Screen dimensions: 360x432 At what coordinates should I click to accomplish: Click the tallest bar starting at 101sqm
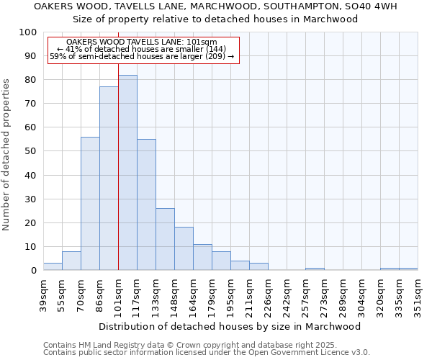tap(127, 173)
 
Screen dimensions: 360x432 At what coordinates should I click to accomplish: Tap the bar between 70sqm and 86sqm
tap(90, 204)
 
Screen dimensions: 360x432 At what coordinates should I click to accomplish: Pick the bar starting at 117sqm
tap(146, 204)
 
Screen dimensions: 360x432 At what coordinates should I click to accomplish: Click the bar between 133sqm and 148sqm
tap(165, 239)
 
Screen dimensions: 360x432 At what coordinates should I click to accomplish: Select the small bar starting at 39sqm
tap(53, 267)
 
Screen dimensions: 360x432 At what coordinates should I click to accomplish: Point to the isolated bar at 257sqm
tap(315, 269)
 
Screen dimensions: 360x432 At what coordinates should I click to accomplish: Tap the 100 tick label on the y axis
tap(27, 32)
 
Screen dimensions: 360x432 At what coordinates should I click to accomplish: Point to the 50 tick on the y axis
tap(30, 151)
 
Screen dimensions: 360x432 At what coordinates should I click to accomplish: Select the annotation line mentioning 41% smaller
tap(142, 49)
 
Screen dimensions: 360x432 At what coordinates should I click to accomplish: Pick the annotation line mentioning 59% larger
tap(142, 56)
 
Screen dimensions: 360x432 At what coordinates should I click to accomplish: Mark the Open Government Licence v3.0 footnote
tap(206, 352)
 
